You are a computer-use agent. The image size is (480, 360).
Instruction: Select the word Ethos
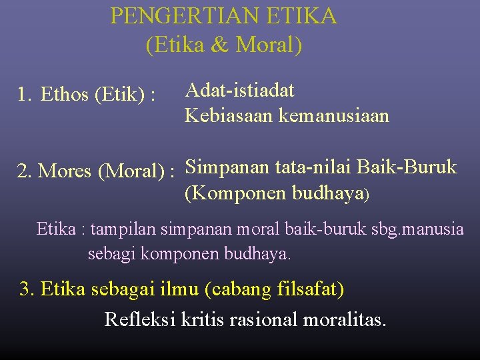pyautogui.click(x=65, y=95)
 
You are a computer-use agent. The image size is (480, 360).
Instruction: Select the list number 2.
pyautogui.click(x=24, y=171)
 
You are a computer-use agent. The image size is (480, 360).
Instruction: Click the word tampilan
pyautogui.click(x=123, y=230)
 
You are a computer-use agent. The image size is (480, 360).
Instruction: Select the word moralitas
pyautogui.click(x=344, y=319)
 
